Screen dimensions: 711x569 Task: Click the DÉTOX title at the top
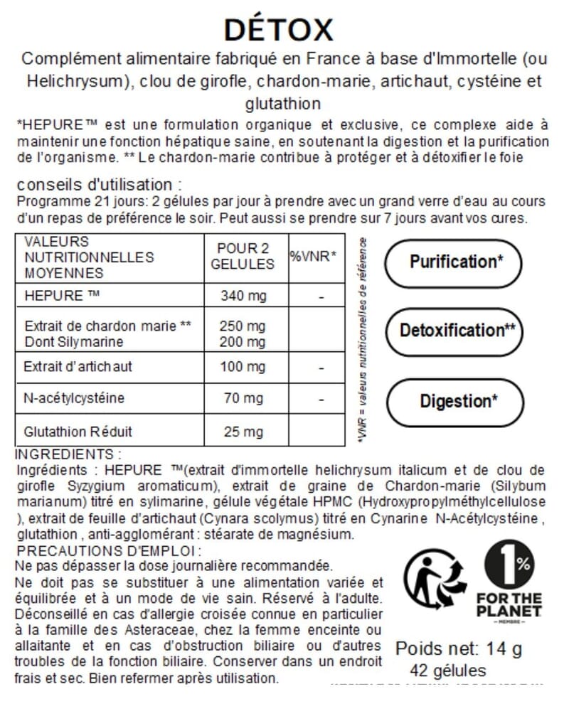pos(278,30)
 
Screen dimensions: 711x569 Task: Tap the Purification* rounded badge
pos(456,262)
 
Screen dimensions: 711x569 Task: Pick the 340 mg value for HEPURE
pos(243,295)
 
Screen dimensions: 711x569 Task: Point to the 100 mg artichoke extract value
pos(243,368)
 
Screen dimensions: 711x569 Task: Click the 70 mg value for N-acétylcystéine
pos(243,398)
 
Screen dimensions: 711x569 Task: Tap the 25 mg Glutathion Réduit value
pos(243,432)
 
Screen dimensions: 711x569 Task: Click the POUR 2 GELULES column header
pos(243,256)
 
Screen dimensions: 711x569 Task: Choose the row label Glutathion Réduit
pos(78,432)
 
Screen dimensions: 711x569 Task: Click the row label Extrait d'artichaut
pos(78,368)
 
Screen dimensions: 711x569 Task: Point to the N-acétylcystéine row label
pos(74,398)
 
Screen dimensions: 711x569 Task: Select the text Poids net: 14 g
pos(458,648)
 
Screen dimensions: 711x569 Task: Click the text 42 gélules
pos(448,670)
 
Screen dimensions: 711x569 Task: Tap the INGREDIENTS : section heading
pos(68,454)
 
